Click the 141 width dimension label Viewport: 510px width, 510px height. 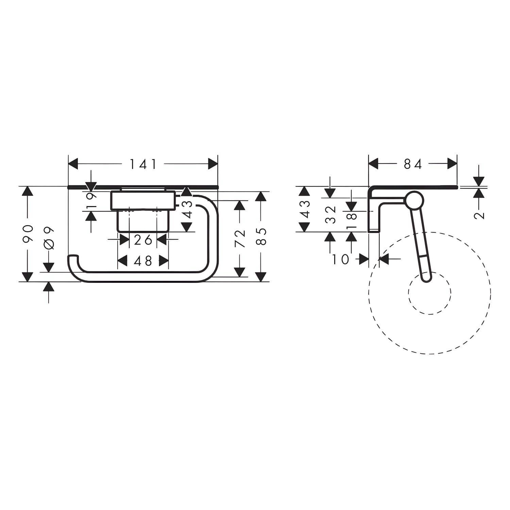(143, 165)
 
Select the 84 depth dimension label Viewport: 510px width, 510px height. (413, 165)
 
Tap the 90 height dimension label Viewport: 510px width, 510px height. (28, 234)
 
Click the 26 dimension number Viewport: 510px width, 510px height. (143, 240)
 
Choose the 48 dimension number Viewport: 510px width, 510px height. (143, 261)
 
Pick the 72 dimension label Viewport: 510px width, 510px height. (240, 238)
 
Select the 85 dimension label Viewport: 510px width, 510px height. (261, 236)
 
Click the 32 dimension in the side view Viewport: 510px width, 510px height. (330, 215)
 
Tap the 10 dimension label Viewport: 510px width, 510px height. (341, 260)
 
